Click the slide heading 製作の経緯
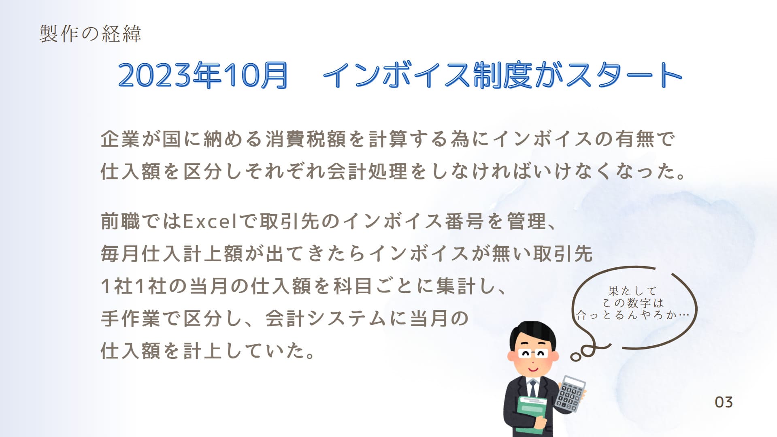(90, 34)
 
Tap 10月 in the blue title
(255, 76)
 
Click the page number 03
(724, 402)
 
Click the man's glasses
(533, 353)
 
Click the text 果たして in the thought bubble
(632, 291)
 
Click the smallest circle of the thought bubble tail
(575, 357)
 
